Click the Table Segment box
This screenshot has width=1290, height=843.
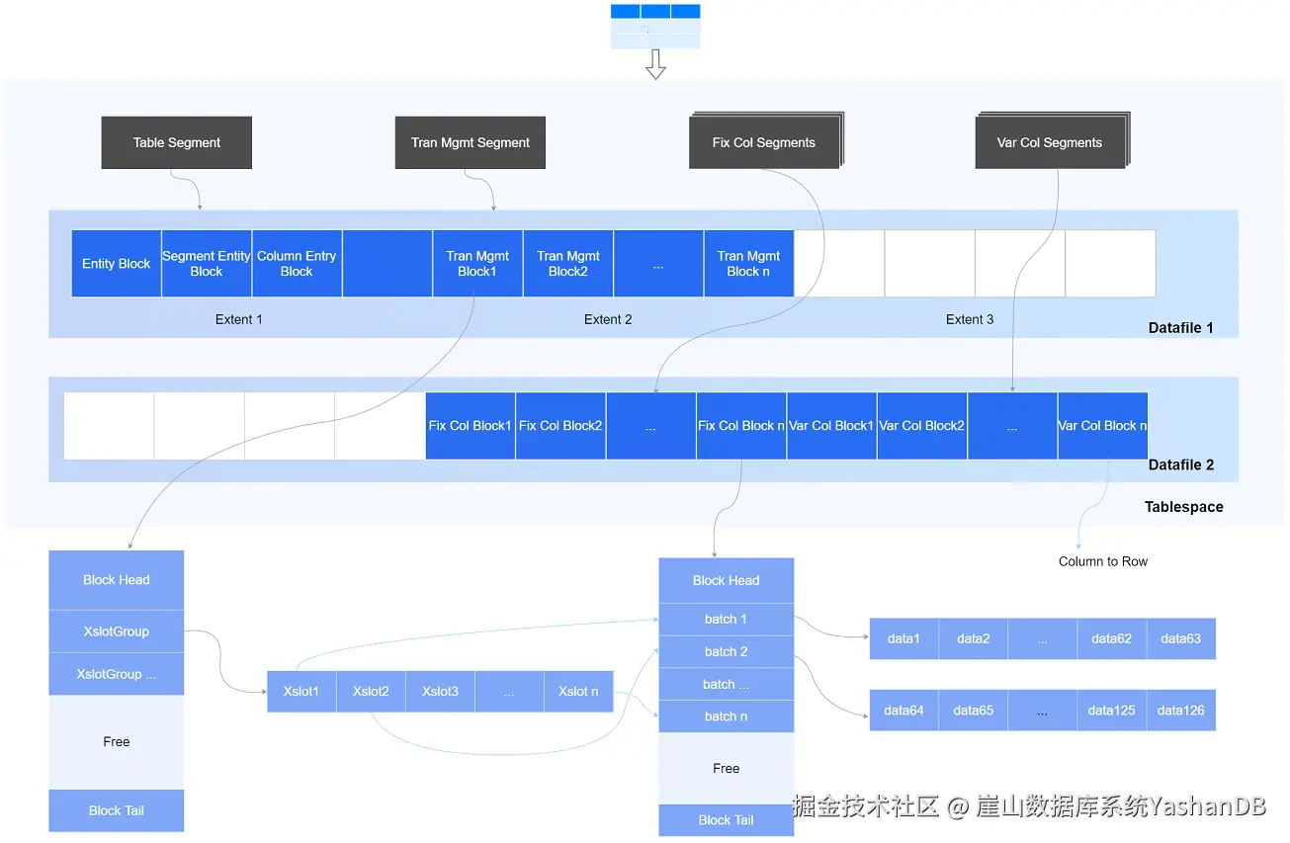tap(176, 142)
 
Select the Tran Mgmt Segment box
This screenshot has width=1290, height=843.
tap(470, 142)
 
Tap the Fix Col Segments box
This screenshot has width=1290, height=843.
tap(764, 142)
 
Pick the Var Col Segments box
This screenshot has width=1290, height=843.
tap(1050, 142)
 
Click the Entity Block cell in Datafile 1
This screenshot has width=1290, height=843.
tap(117, 264)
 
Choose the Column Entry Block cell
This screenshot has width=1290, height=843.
tap(297, 264)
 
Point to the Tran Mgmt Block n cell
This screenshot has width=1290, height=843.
tap(748, 264)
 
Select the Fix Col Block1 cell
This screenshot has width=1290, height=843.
tap(470, 426)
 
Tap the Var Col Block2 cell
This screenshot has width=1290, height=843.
tap(921, 426)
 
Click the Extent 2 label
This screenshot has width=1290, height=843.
tap(608, 319)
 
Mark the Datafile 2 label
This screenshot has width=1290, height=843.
tap(1180, 464)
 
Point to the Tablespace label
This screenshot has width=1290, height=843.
tap(1183, 507)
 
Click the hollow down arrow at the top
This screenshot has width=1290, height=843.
tap(655, 64)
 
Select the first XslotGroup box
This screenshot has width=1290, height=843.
tap(117, 632)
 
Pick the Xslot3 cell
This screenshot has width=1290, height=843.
tap(440, 691)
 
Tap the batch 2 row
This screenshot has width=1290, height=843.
tap(727, 651)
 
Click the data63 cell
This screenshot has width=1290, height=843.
tap(1180, 638)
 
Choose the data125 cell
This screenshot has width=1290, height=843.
tap(1111, 710)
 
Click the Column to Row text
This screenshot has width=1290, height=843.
tap(1103, 561)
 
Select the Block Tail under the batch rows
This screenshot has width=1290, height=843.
tap(727, 820)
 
